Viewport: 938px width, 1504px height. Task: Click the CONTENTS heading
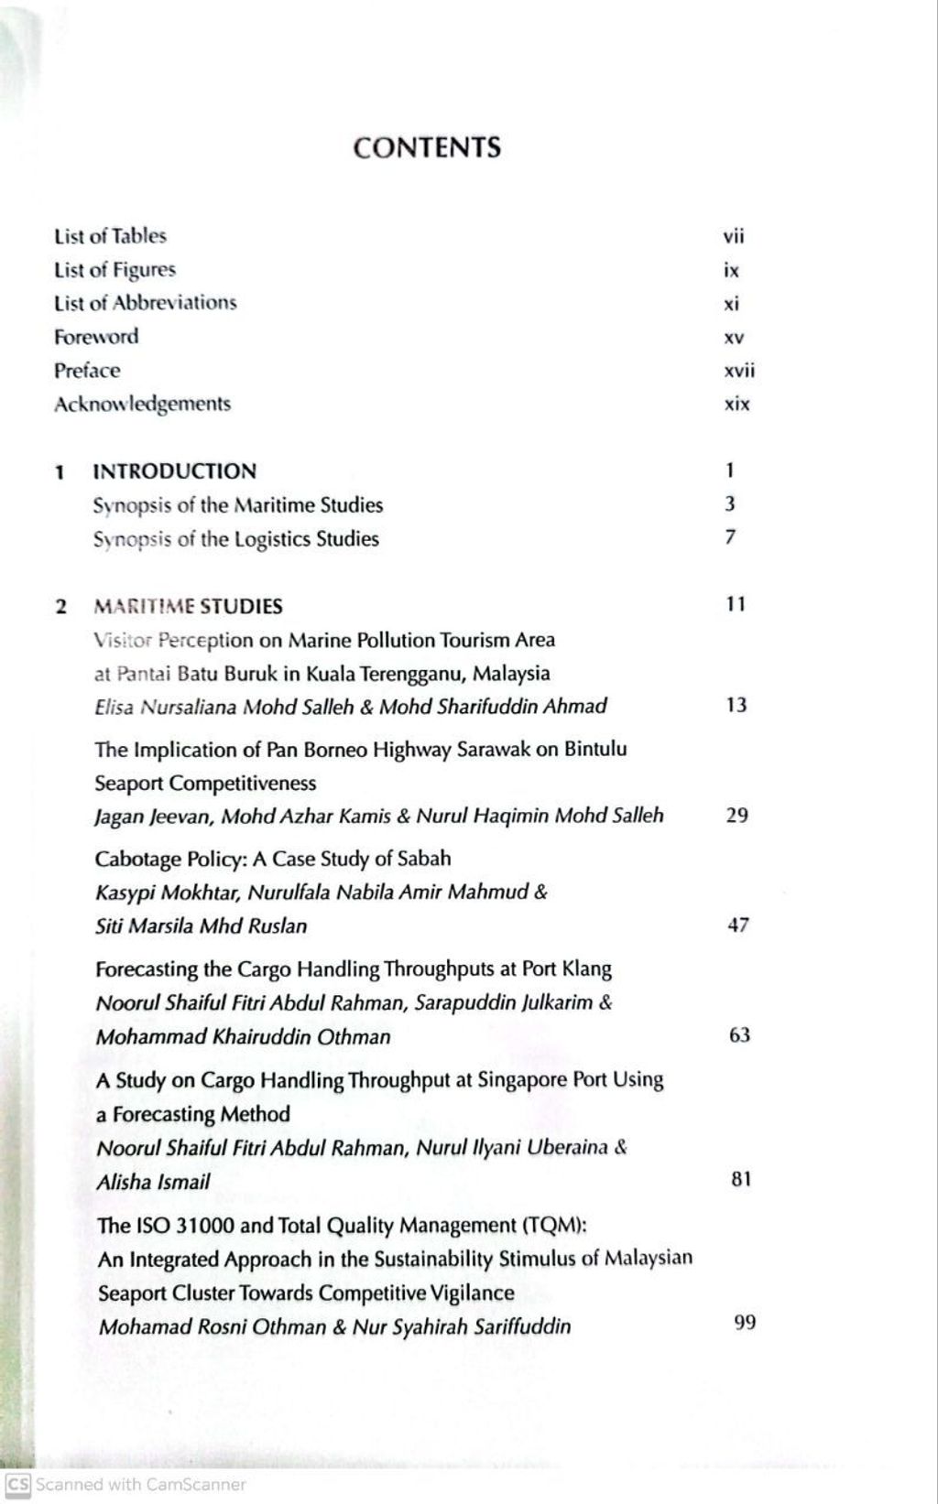(x=427, y=147)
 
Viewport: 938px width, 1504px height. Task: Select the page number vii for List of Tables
(x=734, y=237)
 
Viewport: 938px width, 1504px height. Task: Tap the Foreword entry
(x=96, y=337)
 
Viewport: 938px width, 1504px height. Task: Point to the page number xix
(x=736, y=405)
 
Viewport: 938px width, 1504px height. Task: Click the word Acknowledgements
(x=142, y=404)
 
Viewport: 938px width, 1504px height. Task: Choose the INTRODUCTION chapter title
(x=175, y=471)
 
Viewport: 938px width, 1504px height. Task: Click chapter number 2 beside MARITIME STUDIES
(x=61, y=606)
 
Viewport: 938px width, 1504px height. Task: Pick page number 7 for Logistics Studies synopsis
(x=730, y=537)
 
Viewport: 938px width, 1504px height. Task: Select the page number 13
(x=736, y=705)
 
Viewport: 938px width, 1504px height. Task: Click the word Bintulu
(x=595, y=749)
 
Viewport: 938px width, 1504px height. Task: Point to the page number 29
(x=736, y=815)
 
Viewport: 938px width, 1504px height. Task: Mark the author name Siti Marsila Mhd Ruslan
(x=201, y=925)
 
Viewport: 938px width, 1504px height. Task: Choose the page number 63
(x=738, y=1035)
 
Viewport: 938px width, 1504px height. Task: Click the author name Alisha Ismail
(x=153, y=1182)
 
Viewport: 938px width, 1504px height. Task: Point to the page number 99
(x=745, y=1323)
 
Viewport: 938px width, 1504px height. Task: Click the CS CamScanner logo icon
(x=17, y=1484)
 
